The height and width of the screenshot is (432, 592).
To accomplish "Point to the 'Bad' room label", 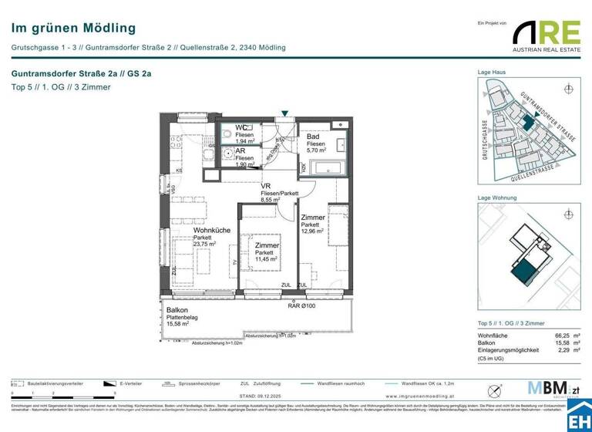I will [312, 137].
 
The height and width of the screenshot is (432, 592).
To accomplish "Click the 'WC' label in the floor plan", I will [241, 127].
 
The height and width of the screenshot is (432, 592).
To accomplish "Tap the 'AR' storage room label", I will [240, 150].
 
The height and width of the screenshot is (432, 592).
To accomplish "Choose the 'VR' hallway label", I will [265, 187].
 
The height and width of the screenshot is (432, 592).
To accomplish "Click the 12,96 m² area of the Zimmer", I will [312, 231].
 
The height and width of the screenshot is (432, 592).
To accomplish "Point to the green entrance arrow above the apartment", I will [285, 114].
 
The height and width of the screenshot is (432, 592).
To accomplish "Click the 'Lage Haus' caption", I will [492, 72].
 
